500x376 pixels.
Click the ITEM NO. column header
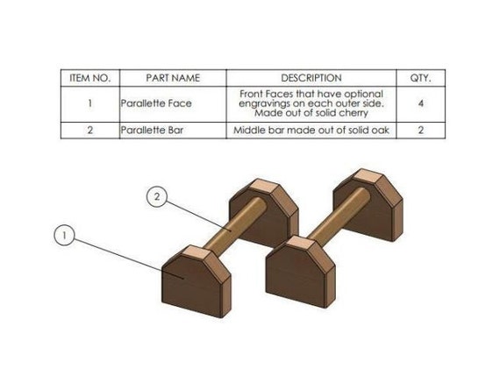(89, 78)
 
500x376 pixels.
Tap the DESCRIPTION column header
(311, 78)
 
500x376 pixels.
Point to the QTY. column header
(420, 78)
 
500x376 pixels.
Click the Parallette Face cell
(156, 103)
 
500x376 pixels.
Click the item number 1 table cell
(89, 103)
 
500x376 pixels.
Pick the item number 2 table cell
(89, 131)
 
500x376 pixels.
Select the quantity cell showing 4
(420, 103)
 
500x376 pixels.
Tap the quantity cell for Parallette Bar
(420, 131)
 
